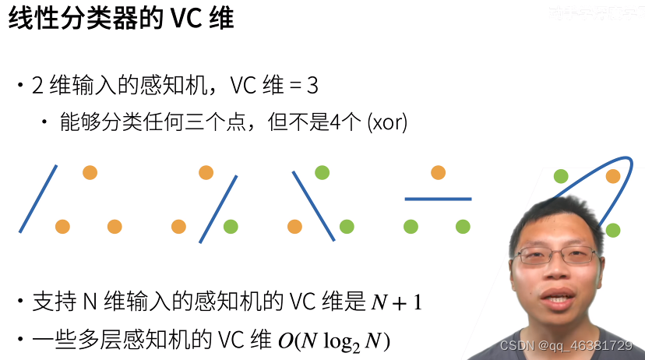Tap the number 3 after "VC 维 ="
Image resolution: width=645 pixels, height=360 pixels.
[312, 86]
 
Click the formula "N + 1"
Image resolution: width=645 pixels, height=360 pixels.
[396, 302]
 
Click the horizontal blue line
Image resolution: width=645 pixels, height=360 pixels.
[438, 199]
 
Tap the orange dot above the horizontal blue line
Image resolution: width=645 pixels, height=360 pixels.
[438, 172]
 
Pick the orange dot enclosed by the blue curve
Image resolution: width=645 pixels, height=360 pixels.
[612, 176]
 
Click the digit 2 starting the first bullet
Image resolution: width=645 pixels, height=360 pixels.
[37, 86]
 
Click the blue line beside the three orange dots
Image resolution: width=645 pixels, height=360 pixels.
[37, 199]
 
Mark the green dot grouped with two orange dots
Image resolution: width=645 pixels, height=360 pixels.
[231, 227]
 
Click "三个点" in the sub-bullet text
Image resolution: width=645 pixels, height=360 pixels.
[214, 122]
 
